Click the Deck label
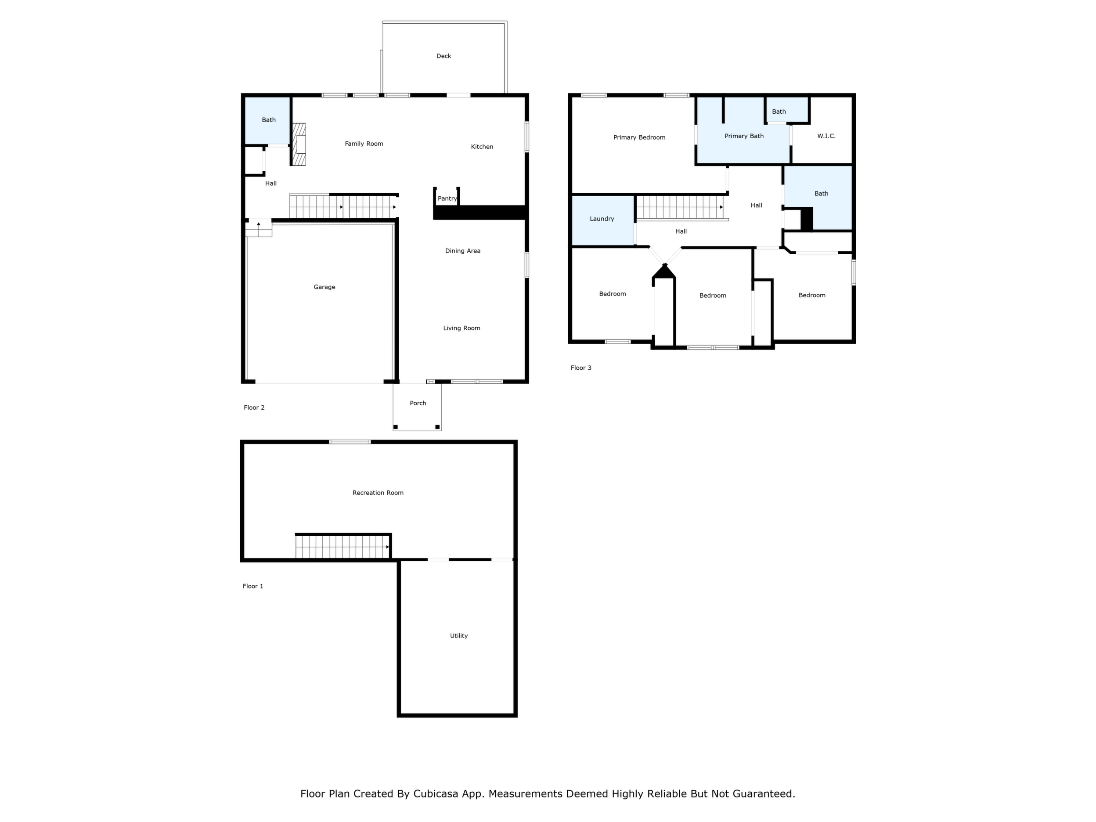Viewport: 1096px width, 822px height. point(443,56)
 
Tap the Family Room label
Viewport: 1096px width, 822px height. point(364,144)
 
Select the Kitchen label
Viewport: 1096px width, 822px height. point(482,147)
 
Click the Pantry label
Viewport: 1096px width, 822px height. point(447,198)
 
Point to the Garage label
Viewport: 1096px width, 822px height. point(324,287)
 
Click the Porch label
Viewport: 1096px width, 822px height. point(418,404)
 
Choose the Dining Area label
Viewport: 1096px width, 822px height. point(463,251)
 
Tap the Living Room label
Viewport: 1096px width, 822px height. point(462,328)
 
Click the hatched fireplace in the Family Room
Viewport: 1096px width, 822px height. point(298,144)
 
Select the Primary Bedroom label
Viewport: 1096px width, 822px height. point(639,137)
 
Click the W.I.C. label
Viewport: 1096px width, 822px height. point(826,136)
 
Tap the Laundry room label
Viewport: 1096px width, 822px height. point(602,219)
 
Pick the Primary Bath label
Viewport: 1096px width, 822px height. point(744,136)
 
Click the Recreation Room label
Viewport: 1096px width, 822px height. point(378,493)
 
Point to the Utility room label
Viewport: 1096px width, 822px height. point(459,636)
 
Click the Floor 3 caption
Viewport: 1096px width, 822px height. point(581,368)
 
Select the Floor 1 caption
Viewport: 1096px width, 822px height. point(253,586)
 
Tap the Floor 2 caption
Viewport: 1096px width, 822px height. point(254,407)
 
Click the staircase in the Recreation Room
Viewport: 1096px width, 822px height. point(343,547)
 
